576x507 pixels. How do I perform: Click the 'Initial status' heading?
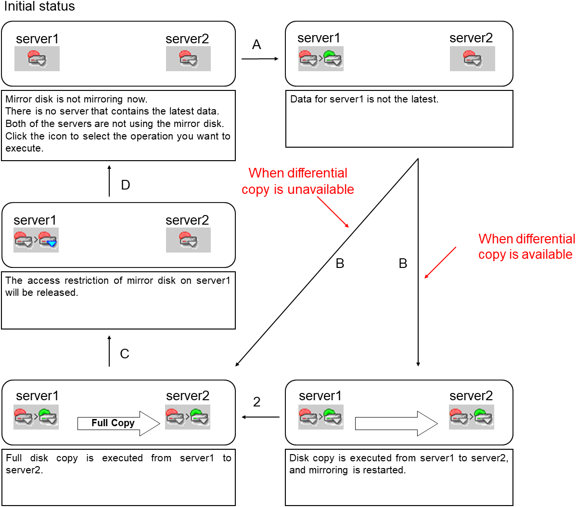click(39, 7)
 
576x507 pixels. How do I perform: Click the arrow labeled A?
click(260, 59)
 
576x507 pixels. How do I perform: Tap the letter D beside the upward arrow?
click(126, 185)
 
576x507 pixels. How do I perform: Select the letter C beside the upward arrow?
click(125, 354)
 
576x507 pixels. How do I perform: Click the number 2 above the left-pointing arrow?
click(257, 402)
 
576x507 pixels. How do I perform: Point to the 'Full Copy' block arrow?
click(118, 423)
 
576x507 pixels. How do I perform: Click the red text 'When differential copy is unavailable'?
click(298, 181)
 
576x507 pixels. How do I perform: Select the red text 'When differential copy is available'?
click(526, 247)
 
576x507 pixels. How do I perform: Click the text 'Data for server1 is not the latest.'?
click(364, 100)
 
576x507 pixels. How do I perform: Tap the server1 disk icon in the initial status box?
click(37, 59)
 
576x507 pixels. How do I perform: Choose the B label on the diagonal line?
click(340, 264)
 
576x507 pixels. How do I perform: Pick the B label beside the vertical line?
click(403, 264)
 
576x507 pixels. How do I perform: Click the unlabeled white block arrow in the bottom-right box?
click(396, 424)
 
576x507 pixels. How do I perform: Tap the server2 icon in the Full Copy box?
click(187, 417)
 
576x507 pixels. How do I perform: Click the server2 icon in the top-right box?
click(472, 59)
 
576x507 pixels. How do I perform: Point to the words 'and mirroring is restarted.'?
click(347, 470)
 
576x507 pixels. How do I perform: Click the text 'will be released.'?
click(42, 293)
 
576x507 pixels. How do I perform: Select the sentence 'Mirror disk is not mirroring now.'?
click(77, 100)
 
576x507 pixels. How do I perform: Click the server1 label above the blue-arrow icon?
click(35, 220)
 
